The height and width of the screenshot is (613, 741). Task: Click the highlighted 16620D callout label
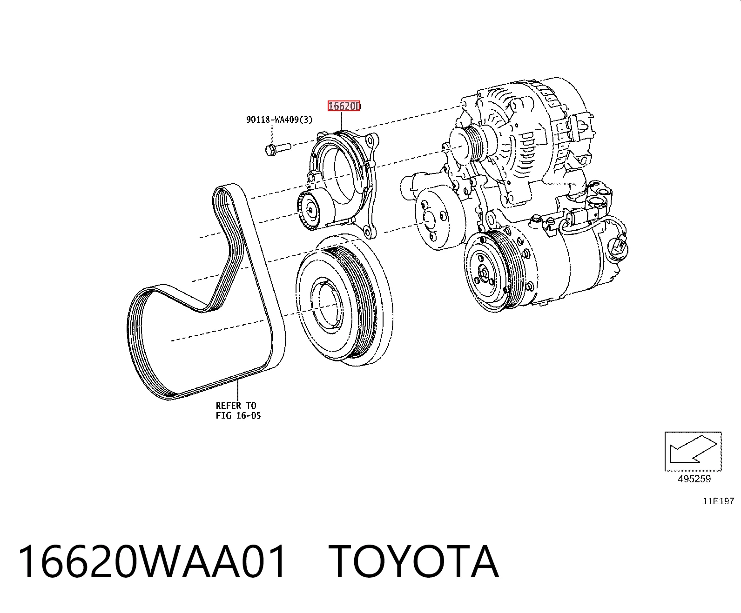tap(344, 106)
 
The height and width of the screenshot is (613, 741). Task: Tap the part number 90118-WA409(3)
tap(279, 120)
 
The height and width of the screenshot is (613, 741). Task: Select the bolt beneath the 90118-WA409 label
tap(278, 149)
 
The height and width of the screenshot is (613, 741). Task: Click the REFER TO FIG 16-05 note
tap(238, 410)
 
